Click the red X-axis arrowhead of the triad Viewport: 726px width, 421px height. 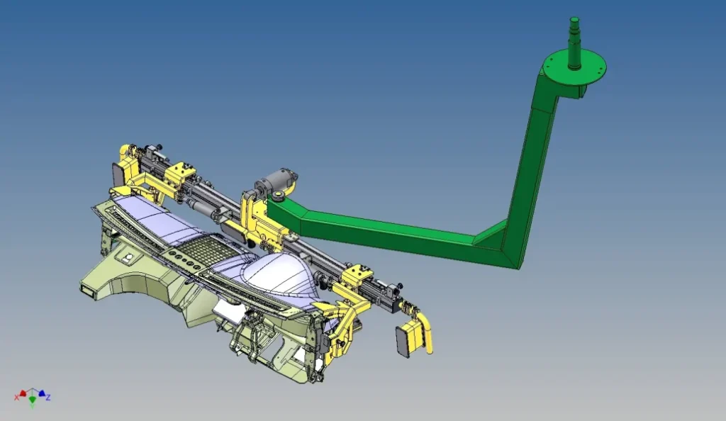pyautogui.click(x=23, y=393)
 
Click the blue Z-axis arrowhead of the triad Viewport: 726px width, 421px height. pyautogui.click(x=42, y=393)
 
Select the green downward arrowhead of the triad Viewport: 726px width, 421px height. pyautogui.click(x=33, y=399)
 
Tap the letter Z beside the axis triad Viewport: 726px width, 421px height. pyautogui.click(x=48, y=398)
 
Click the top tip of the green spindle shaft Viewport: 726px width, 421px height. pyautogui.click(x=574, y=18)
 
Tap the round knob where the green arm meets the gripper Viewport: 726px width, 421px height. pyautogui.click(x=279, y=196)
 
